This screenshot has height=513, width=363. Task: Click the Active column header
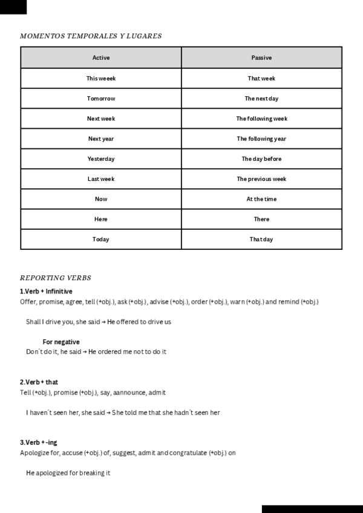(101, 58)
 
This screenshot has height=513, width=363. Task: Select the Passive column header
(261, 58)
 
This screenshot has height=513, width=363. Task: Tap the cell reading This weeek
(101, 79)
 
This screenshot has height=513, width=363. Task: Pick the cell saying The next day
(261, 99)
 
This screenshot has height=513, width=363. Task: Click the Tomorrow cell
(101, 99)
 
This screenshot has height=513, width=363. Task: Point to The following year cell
(261, 139)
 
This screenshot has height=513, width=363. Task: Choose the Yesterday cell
(101, 159)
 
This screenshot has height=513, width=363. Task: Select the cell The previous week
(261, 179)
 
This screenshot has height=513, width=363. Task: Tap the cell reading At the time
(261, 199)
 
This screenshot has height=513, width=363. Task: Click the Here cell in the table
(101, 219)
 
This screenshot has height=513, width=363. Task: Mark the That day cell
(261, 240)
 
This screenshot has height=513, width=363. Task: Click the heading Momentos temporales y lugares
(91, 36)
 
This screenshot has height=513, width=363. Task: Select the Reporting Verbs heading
(56, 278)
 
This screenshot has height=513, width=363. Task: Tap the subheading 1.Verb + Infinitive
(46, 292)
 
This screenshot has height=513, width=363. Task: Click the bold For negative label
(61, 342)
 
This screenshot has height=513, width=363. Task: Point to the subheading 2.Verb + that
(39, 382)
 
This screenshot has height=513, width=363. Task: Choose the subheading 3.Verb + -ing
(39, 442)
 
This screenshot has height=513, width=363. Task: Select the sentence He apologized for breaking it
(68, 473)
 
